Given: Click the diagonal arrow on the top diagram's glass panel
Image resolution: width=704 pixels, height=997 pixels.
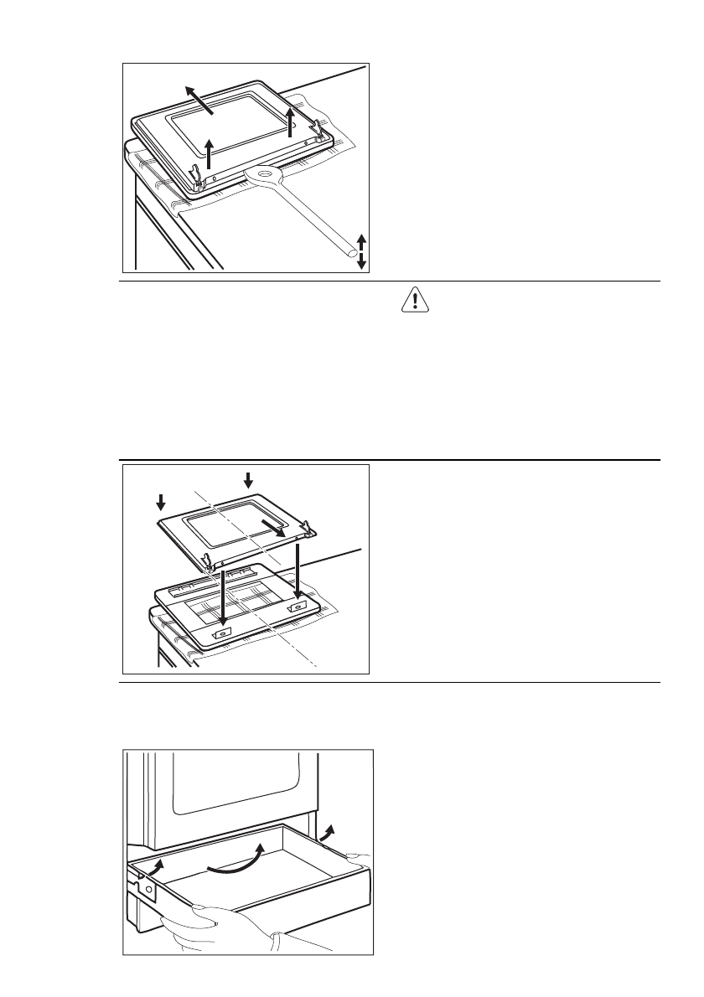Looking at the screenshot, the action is [198, 99].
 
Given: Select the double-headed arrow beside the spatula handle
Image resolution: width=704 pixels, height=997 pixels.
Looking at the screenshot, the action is [361, 251].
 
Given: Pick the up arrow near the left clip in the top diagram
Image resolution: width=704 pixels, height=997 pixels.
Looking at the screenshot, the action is [210, 154].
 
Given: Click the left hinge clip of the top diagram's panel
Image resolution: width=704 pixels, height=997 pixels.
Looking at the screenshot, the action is [196, 177].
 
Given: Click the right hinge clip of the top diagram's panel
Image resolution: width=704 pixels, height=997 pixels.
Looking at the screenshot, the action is [319, 127].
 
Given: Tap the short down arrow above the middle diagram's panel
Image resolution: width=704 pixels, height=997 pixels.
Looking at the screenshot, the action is [246, 479].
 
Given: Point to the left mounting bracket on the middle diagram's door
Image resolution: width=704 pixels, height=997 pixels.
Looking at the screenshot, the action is [222, 633].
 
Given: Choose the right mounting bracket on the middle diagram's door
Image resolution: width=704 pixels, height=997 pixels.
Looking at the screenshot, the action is [298, 602].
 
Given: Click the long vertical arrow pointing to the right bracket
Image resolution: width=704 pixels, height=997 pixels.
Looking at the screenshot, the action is [298, 570].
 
